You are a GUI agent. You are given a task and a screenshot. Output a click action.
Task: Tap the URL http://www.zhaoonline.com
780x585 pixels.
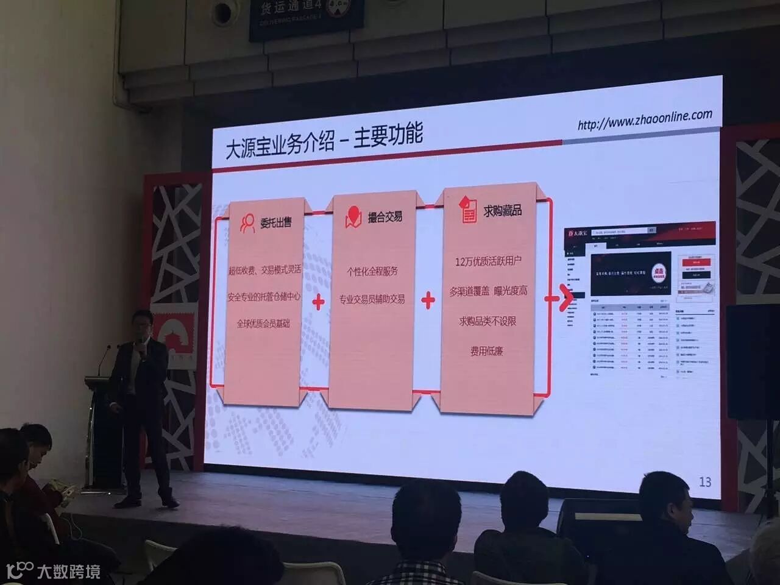tap(645, 118)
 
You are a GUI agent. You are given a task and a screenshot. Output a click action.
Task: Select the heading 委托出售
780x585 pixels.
tap(275, 222)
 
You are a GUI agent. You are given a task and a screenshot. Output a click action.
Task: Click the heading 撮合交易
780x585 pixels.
tap(385, 216)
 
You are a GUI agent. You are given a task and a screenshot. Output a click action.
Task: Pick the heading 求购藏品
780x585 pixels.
tap(503, 210)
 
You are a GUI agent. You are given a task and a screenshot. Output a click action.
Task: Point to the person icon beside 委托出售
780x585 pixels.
tap(247, 223)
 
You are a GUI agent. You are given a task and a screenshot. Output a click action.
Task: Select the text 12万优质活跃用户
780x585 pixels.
tap(488, 261)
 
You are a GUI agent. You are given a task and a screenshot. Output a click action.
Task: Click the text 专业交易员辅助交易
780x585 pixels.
tap(372, 299)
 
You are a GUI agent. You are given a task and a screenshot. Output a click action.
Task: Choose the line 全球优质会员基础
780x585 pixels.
tap(263, 323)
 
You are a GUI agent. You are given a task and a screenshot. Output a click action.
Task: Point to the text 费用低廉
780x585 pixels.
tap(486, 351)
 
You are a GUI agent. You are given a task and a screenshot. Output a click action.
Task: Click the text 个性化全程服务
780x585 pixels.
tap(372, 271)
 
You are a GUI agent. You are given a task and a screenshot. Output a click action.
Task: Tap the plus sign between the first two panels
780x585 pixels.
tap(318, 302)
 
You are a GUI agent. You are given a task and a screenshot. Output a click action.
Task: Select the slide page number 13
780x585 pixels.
tap(704, 481)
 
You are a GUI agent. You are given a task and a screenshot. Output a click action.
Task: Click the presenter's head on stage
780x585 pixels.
tap(143, 324)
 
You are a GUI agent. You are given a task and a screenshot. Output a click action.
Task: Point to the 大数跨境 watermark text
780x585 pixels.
tap(68, 572)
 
